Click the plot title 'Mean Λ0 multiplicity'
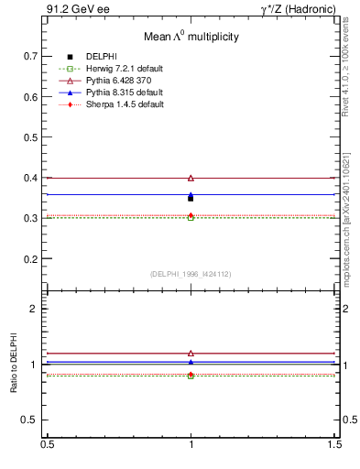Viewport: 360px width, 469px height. [x=191, y=37]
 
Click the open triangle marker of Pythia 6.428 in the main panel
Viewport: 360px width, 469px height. [x=191, y=178]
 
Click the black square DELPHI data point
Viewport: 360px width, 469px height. [x=191, y=198]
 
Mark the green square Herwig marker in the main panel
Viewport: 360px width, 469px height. [x=191, y=218]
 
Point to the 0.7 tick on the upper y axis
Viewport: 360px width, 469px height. [x=33, y=56]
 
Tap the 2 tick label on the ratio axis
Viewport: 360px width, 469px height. [x=37, y=309]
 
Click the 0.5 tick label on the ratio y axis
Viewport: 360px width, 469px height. [x=33, y=420]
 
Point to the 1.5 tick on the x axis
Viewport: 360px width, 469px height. [x=335, y=444]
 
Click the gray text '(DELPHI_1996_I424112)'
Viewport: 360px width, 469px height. [x=191, y=274]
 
